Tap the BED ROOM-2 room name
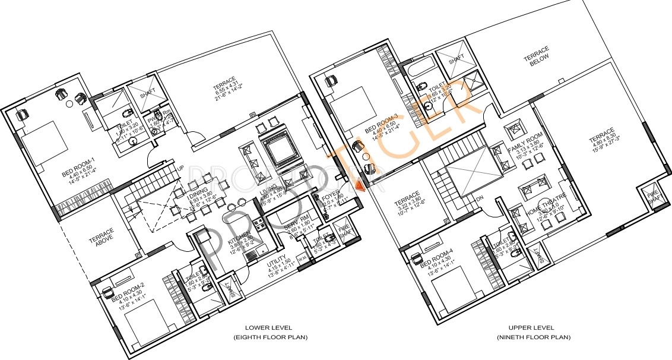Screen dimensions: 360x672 coord(131,289)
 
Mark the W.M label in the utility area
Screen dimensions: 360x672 coord(302,258)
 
